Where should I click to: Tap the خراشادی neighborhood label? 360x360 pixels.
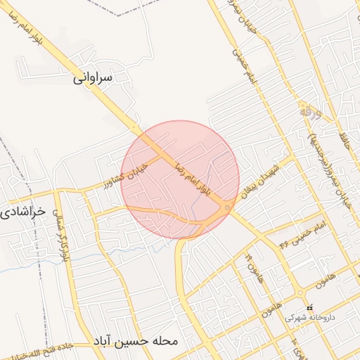pos(24,210)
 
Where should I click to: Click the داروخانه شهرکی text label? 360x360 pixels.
pos(310,318)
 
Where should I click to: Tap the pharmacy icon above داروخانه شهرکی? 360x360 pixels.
pos(310,307)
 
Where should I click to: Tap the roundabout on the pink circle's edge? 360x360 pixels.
pos(226,208)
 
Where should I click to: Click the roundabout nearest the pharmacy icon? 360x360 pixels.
pos(300,293)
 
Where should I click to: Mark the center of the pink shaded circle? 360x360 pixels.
pos(181,179)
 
